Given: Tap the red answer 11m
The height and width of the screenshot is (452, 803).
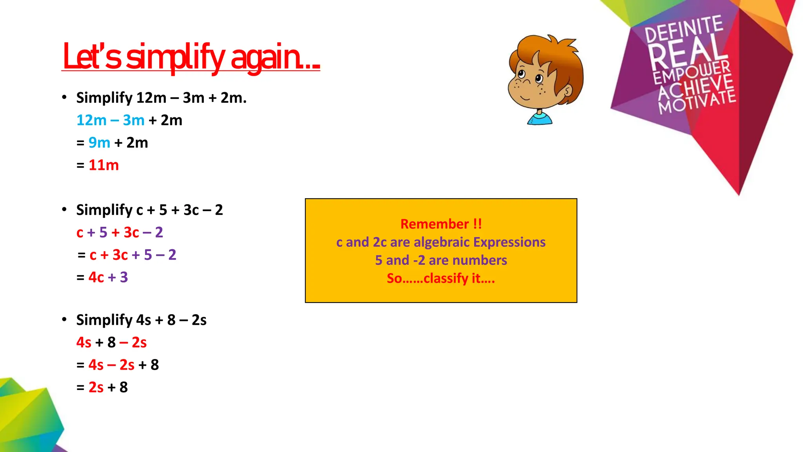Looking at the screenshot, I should click(104, 165).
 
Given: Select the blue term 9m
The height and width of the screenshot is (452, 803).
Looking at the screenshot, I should click(99, 143).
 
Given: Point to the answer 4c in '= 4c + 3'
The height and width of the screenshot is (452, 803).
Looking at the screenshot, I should click(96, 277).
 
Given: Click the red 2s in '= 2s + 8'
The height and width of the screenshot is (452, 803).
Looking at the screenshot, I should click(96, 388).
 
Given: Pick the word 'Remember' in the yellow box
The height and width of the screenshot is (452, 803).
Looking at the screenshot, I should click(434, 224).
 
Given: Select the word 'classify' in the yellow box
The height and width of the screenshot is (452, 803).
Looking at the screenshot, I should click(446, 278).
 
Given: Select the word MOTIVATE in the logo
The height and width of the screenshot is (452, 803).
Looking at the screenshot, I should click(697, 102).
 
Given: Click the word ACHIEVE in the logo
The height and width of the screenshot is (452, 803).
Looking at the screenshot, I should click(695, 88).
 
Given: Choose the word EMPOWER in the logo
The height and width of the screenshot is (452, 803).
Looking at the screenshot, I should click(692, 72).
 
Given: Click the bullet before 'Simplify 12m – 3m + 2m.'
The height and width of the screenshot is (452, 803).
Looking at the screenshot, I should click(64, 97).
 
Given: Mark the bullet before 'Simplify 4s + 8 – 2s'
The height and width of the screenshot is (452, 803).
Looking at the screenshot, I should click(64, 319).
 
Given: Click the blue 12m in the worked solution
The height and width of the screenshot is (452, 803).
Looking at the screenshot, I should click(91, 120).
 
